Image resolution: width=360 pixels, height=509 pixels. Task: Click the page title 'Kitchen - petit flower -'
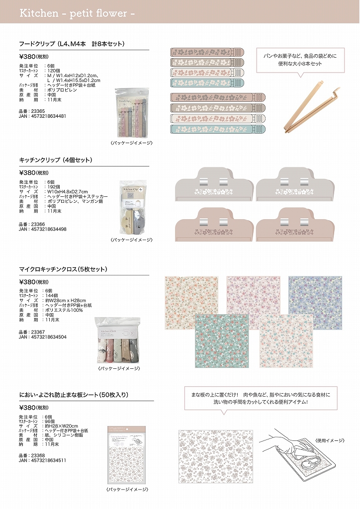pyautogui.click(x=77, y=13)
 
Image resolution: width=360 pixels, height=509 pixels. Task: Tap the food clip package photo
pyautogui.click(x=131, y=113)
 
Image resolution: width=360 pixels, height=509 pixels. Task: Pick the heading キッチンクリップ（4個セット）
pyautogui.click(x=55, y=160)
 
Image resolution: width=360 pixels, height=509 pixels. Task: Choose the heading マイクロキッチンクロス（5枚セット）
pyautogui.click(x=70, y=269)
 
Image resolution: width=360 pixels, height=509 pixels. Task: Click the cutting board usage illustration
pyautogui.click(x=298, y=460)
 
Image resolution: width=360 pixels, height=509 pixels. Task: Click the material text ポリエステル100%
pyautogui.click(x=65, y=310)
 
